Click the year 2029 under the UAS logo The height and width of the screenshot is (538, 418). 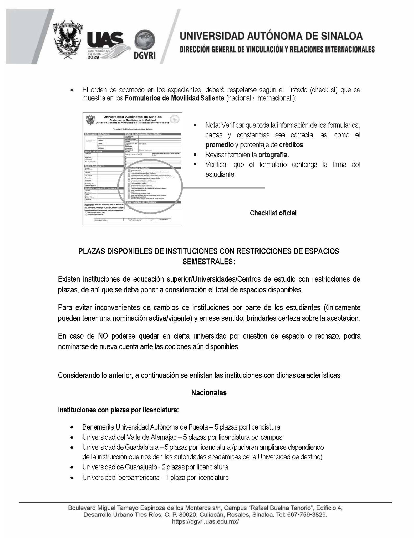pyautogui.click(x=94, y=57)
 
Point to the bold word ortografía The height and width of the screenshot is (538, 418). pyautogui.click(x=273, y=155)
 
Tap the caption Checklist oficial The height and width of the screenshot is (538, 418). pyautogui.click(x=273, y=213)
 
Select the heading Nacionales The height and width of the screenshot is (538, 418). pyautogui.click(x=209, y=393)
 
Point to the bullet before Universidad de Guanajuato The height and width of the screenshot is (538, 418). pyautogui.click(x=72, y=468)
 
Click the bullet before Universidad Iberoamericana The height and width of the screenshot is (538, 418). pyautogui.click(x=72, y=478)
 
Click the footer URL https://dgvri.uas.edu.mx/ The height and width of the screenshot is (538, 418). pyautogui.click(x=205, y=522)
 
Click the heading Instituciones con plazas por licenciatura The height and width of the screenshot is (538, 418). pyautogui.click(x=118, y=410)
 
